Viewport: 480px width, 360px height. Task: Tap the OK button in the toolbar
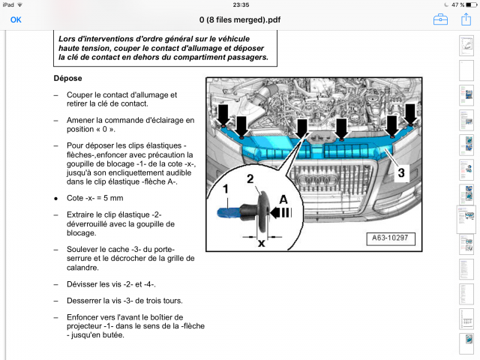(x=16, y=19)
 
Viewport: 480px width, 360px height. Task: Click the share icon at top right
(x=463, y=19)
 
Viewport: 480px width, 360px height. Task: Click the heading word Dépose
(x=68, y=78)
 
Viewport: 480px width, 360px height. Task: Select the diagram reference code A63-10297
(x=389, y=239)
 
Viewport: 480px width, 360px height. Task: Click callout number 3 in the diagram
(x=401, y=172)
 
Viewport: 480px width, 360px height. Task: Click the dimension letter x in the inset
(x=262, y=243)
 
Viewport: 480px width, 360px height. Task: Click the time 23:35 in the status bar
(x=240, y=4)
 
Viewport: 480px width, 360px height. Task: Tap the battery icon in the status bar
(x=466, y=4)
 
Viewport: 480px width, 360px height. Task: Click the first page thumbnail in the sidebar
(x=464, y=47)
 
